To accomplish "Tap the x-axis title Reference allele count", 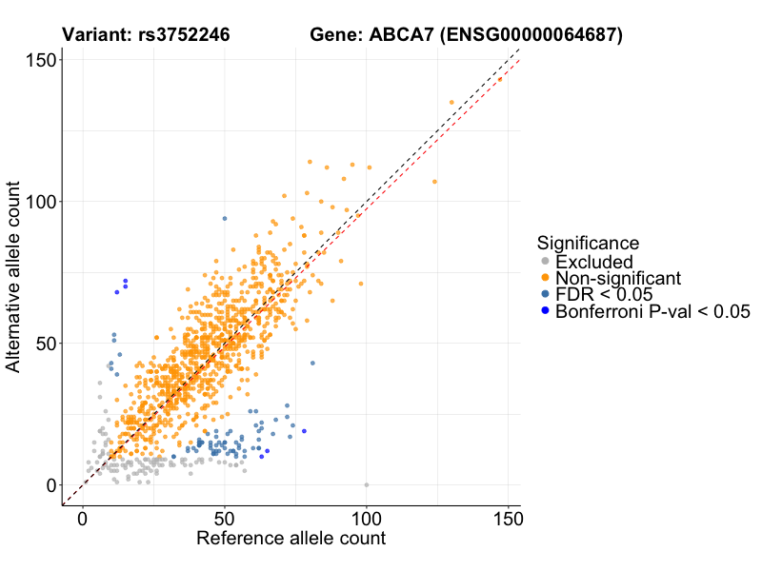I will tap(291, 539).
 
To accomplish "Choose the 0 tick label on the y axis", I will tap(50, 484).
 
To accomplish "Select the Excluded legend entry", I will tap(593, 261).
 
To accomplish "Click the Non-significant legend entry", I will tap(618, 278).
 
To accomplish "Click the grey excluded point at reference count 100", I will tap(367, 484).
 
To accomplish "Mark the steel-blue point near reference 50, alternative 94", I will tap(225, 219).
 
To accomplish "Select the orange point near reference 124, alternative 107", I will tap(434, 182).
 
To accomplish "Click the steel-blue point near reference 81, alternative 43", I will tap(312, 364).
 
